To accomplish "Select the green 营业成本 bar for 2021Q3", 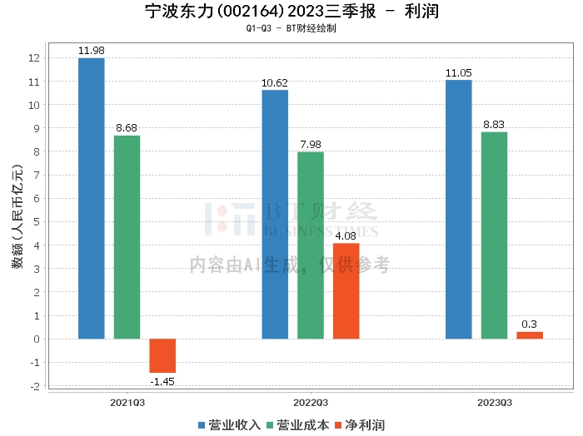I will click(x=127, y=237).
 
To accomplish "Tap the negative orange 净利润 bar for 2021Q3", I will click(x=162, y=355).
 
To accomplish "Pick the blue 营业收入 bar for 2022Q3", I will click(x=275, y=214).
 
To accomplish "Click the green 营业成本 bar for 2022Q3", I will click(x=311, y=245).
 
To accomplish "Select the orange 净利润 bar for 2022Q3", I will click(x=346, y=290).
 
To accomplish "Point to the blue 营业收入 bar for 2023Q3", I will click(x=459, y=209).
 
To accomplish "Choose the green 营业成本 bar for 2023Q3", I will click(x=494, y=235).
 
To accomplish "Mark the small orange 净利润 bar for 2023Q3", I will click(x=530, y=335).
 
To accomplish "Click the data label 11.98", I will click(x=92, y=51).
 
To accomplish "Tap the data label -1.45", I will click(x=162, y=381).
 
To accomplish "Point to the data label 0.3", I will click(x=530, y=325).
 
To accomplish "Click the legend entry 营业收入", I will click(x=230, y=424).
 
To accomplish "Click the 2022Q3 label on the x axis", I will click(x=310, y=401).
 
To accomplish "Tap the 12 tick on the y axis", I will click(x=34, y=58).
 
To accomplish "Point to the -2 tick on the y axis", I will click(x=34, y=386).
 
